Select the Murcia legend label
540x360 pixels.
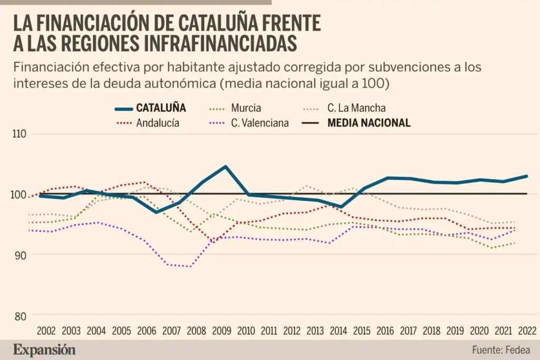(x=246, y=108)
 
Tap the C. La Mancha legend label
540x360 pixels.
(x=356, y=108)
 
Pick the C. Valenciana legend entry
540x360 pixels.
(x=260, y=123)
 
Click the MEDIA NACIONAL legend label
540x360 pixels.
(x=369, y=123)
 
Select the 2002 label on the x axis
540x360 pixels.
(x=46, y=331)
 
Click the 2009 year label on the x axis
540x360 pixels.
(x=221, y=331)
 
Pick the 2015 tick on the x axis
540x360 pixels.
(x=362, y=331)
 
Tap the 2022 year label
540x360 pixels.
(x=527, y=331)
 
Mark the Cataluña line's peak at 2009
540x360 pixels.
(x=226, y=167)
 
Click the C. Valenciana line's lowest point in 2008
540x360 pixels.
(x=190, y=267)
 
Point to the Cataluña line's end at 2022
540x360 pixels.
(x=526, y=176)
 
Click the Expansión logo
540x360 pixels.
(x=44, y=349)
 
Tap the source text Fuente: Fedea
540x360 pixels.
(x=500, y=349)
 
